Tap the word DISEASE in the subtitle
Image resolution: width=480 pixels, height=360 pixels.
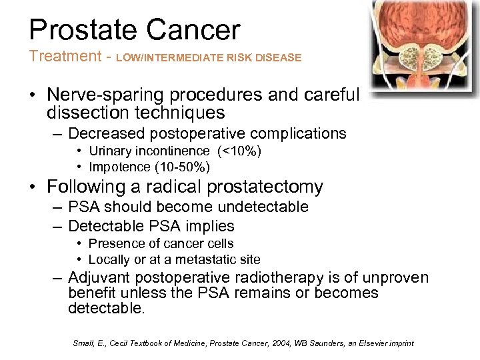coord(279,58)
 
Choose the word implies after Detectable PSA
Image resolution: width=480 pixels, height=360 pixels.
coord(209,225)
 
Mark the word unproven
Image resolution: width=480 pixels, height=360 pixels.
coord(396,277)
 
